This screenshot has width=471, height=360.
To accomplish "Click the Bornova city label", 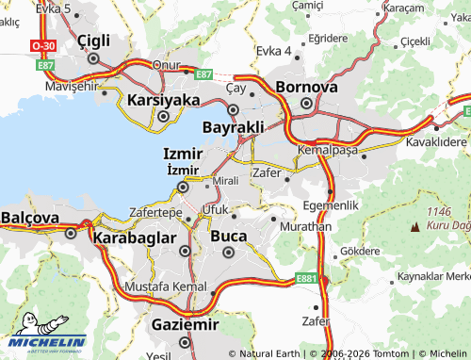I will (306, 87).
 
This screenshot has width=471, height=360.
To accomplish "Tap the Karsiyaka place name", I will (163, 99).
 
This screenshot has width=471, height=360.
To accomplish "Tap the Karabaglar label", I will (135, 238).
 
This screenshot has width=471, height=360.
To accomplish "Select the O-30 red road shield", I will (42, 44).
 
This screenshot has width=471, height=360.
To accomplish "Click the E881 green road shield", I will (306, 278).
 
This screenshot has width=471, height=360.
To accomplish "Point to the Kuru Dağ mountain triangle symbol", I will (415, 227).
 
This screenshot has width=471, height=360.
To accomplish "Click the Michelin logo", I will (49, 345).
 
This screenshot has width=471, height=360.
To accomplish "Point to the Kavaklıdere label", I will (436, 141).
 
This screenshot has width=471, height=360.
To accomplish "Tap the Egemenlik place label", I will (331, 205).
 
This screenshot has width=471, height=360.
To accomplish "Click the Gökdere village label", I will (358, 252).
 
